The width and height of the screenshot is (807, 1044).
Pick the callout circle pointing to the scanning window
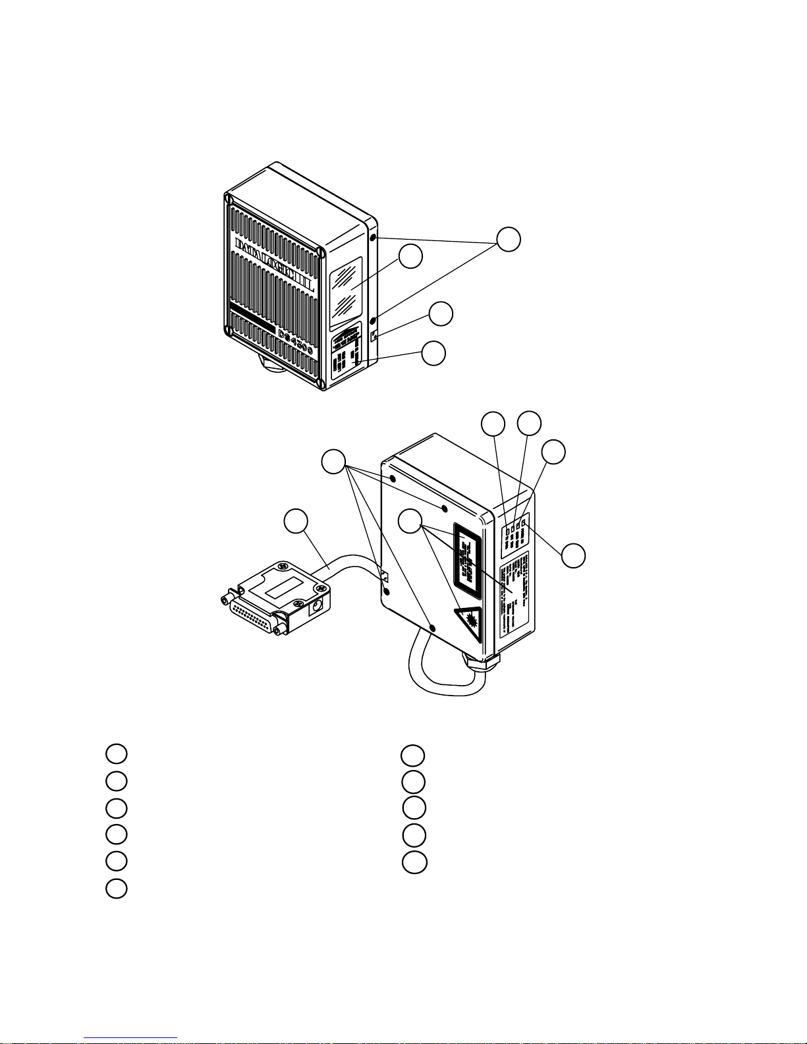[410, 257]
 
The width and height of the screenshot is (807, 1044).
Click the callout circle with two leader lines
[508, 240]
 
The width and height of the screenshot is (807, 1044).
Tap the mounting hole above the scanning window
[373, 238]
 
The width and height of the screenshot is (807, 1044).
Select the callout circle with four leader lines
[335, 461]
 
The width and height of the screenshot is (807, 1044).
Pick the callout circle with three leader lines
[411, 522]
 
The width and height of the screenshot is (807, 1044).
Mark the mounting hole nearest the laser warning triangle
[433, 628]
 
